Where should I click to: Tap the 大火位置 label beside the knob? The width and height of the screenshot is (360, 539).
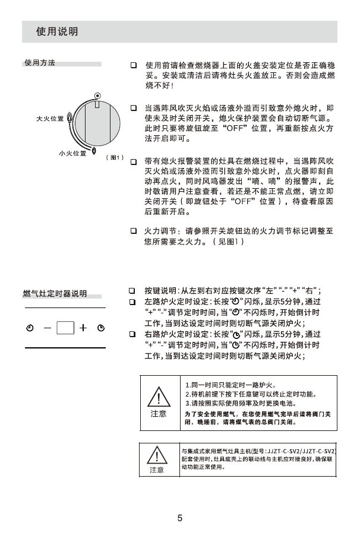coord(50,119)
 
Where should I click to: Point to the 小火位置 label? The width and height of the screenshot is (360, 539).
coord(72,154)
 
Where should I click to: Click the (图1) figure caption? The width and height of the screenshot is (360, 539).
coord(113,158)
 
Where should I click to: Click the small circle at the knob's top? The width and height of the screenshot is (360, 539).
coord(97,96)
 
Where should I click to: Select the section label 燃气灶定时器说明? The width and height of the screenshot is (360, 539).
coord(55,294)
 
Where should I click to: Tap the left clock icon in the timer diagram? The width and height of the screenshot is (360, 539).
coord(30,328)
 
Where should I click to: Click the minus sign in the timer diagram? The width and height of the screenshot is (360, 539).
coord(47,328)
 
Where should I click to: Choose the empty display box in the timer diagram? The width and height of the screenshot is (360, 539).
coord(65,328)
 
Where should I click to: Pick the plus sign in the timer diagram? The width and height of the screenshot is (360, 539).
coord(84,328)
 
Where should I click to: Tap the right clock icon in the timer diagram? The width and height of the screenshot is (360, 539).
coord(101,328)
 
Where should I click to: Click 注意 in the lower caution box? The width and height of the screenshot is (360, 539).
coord(156,470)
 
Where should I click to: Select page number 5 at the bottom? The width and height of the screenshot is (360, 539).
coord(179,518)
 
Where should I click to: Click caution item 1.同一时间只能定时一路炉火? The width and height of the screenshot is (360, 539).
coord(226,385)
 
